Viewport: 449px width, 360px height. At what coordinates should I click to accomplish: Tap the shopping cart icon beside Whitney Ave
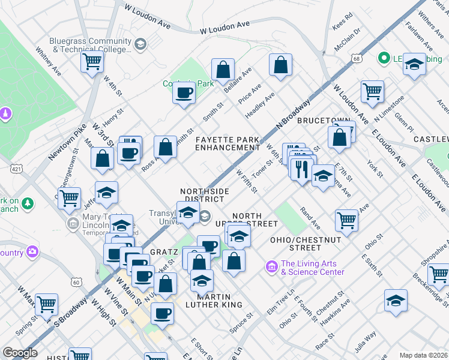point(92,61)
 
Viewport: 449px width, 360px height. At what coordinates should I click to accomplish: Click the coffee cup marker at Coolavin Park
point(184,93)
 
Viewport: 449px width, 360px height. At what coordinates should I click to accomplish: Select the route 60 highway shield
point(76,281)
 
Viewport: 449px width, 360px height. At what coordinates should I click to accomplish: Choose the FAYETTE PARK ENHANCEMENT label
point(228,143)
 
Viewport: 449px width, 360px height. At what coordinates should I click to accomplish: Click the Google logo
point(20,352)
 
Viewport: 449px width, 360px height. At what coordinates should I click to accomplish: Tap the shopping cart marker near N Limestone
point(372,92)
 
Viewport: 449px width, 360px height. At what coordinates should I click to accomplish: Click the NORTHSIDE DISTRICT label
point(205,195)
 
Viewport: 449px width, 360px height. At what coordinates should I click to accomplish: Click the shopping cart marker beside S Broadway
point(46,304)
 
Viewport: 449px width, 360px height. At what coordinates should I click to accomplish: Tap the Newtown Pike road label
point(64,141)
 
